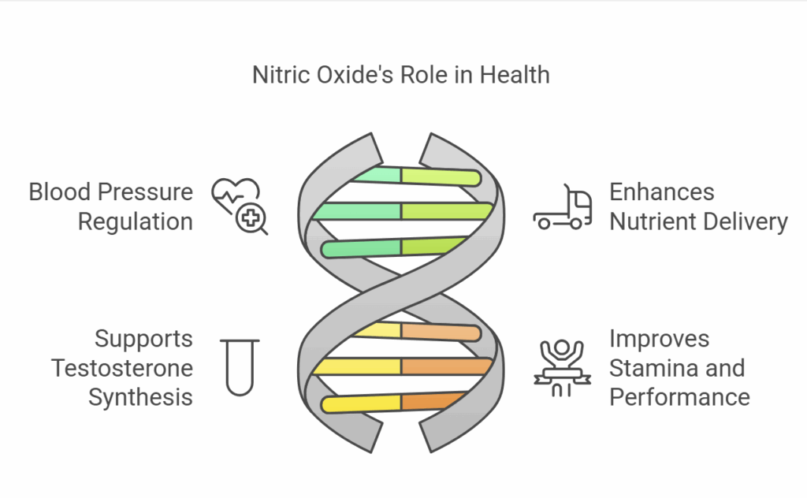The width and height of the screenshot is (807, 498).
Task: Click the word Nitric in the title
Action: coord(281,75)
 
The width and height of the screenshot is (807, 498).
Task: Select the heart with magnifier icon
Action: coord(240,206)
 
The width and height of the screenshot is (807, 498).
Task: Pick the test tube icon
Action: coord(240,367)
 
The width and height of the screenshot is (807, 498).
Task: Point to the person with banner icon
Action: coord(562,368)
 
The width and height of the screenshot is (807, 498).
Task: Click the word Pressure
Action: coord(145,192)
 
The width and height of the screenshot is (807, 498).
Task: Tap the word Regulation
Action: coord(136,221)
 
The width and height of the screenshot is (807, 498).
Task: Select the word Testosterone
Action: coord(122,368)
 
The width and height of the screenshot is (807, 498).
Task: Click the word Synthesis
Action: coord(140,398)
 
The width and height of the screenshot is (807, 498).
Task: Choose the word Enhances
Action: coord(662,192)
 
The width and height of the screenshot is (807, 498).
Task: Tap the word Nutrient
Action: coord(651,221)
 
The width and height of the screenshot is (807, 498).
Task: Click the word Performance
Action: coord(679,398)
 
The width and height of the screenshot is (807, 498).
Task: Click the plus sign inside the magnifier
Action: coord(251,218)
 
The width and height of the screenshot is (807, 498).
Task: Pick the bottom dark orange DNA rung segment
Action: coord(433,401)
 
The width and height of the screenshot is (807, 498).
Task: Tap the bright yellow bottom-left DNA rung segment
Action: coord(361,404)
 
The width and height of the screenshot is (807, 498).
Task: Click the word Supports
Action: coord(143,339)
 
